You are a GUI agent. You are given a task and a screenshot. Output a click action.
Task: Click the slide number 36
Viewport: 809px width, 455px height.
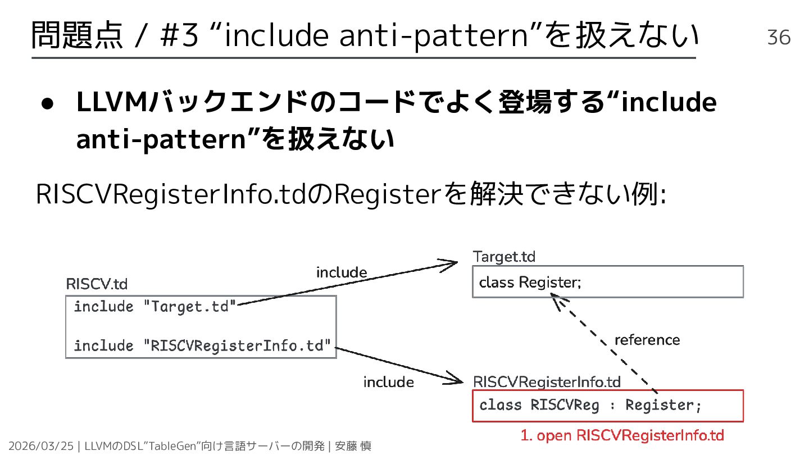(x=779, y=37)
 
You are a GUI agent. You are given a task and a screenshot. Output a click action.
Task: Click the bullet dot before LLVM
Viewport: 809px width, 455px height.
(x=48, y=105)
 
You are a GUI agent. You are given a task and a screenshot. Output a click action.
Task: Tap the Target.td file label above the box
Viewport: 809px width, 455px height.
(x=504, y=257)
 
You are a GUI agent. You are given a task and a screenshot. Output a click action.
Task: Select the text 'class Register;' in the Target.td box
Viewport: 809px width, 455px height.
(x=529, y=282)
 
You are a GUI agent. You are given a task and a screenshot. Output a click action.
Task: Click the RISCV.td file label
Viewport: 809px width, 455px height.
(x=97, y=284)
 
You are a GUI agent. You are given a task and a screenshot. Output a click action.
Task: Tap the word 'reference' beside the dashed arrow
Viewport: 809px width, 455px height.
(x=647, y=340)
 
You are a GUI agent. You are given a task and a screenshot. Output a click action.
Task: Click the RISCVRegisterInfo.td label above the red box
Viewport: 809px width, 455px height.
(x=547, y=383)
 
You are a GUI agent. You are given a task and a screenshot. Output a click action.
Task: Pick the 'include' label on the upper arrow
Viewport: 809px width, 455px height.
(x=342, y=273)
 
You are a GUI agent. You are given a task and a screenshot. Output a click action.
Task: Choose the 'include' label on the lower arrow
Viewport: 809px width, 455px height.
(x=388, y=383)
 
